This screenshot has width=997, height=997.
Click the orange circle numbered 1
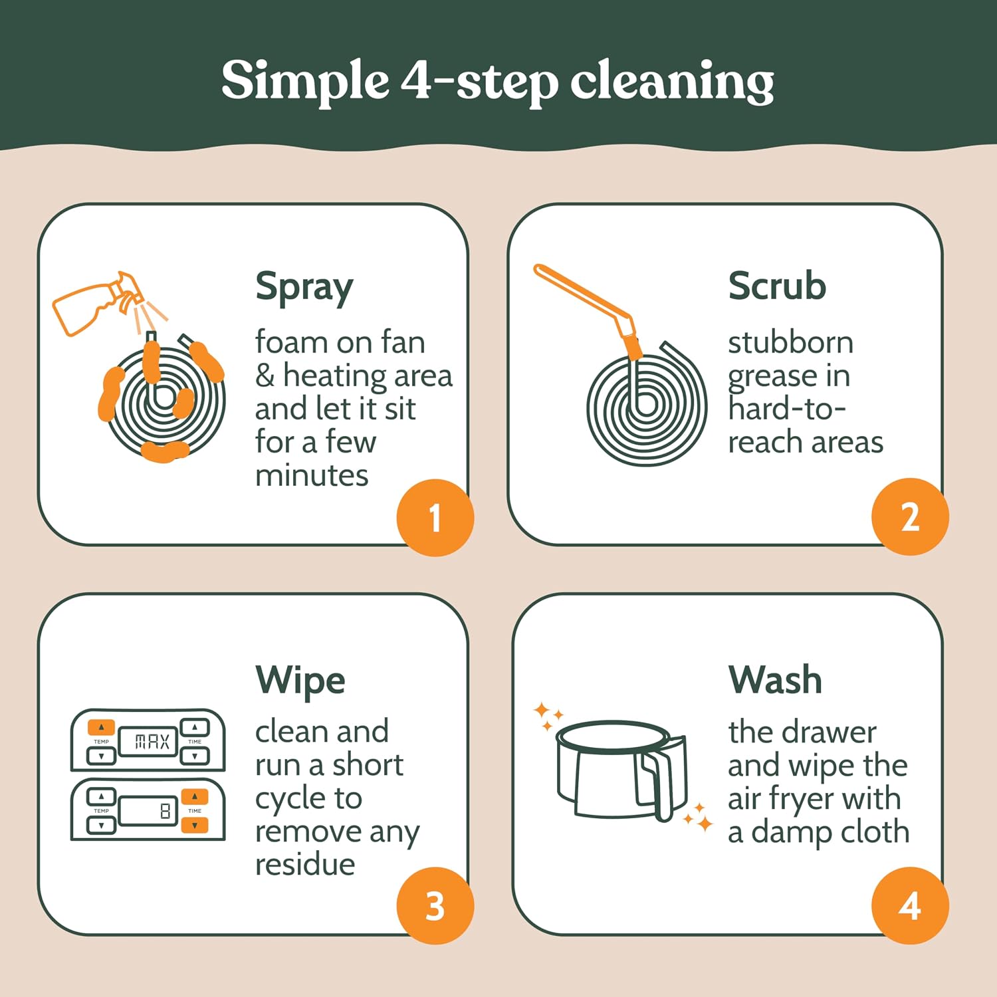(x=435, y=517)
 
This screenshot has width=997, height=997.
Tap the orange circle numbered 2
(x=910, y=516)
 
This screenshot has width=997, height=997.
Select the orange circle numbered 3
(x=435, y=905)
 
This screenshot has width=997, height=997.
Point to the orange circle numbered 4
(x=910, y=905)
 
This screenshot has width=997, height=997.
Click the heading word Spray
(x=304, y=288)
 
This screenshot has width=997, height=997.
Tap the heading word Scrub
(x=777, y=286)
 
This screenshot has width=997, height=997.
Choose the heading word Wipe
(x=300, y=681)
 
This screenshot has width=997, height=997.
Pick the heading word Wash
(x=775, y=679)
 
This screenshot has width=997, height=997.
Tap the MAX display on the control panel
(x=148, y=742)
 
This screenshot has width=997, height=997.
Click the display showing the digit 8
(x=148, y=810)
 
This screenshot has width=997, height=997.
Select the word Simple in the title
(x=304, y=82)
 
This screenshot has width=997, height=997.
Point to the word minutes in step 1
(x=312, y=476)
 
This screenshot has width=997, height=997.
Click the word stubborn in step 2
(x=791, y=343)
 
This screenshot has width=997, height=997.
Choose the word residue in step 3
(x=305, y=865)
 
